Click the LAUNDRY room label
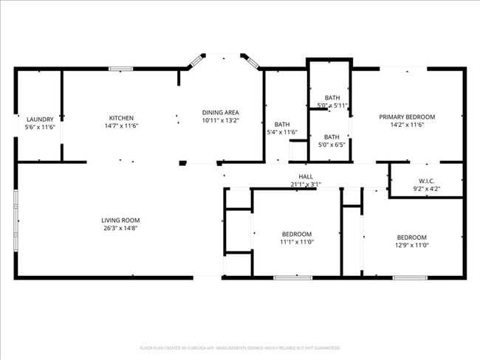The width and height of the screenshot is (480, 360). point(40,119)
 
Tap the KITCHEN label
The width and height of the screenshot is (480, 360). point(121,118)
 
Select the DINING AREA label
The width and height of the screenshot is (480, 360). point(220,112)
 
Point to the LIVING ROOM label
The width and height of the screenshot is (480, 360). point(120,220)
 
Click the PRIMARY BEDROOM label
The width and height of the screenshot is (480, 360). point(407,117)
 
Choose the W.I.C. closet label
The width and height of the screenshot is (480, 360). point(426,181)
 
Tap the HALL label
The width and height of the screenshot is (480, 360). point(305,176)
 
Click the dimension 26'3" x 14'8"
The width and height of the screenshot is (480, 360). point(120,229)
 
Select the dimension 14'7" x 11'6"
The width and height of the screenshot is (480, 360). point(121,126)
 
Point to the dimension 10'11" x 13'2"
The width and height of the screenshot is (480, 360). point(220,120)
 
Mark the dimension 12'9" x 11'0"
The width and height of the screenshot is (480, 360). point(411,246)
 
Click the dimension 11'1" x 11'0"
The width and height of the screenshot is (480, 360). point(296,242)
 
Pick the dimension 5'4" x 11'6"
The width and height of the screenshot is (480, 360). point(281,133)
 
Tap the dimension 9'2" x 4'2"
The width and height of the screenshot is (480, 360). point(426,189)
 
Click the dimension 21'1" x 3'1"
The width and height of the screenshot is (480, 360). point(305,184)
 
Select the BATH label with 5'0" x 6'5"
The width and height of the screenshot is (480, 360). point(332,136)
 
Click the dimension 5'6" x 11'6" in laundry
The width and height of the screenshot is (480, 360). point(40,127)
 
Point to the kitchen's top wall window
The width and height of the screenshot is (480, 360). point(120,69)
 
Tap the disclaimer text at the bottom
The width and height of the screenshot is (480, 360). point(240,347)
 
